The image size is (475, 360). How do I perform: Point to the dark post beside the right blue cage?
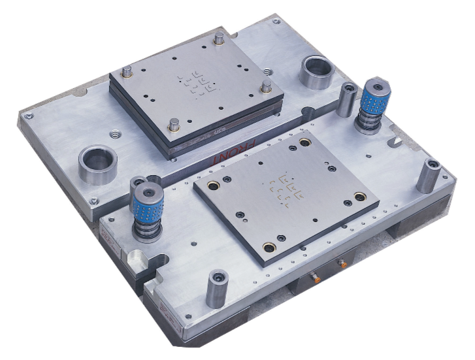coord(348,99)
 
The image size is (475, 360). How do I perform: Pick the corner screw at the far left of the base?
coord(27,116)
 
